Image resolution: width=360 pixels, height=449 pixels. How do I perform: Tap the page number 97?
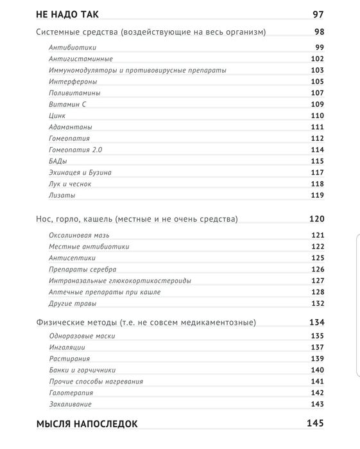(x=318, y=14)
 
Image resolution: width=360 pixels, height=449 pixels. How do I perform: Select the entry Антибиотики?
(x=71, y=48)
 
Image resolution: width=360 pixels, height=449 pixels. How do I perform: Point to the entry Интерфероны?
(x=73, y=82)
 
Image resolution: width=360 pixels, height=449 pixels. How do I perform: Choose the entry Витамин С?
(x=68, y=104)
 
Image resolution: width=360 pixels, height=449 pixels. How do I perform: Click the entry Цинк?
(x=57, y=115)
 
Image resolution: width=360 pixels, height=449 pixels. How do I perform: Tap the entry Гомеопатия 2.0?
(x=75, y=150)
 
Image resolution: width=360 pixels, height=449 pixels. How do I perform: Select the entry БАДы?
(x=58, y=161)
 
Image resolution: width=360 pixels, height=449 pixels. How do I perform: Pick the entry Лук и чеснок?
(x=70, y=184)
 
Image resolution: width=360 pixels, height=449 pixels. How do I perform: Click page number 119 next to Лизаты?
(x=317, y=195)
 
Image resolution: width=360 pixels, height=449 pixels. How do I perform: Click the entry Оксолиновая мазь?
(x=80, y=235)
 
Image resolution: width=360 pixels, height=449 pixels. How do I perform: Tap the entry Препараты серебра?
(x=82, y=269)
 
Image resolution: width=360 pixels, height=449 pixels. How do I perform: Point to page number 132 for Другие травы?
(x=317, y=303)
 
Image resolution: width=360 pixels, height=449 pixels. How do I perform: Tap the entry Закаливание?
(x=70, y=404)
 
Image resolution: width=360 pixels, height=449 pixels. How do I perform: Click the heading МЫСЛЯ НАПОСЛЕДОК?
(x=87, y=424)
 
